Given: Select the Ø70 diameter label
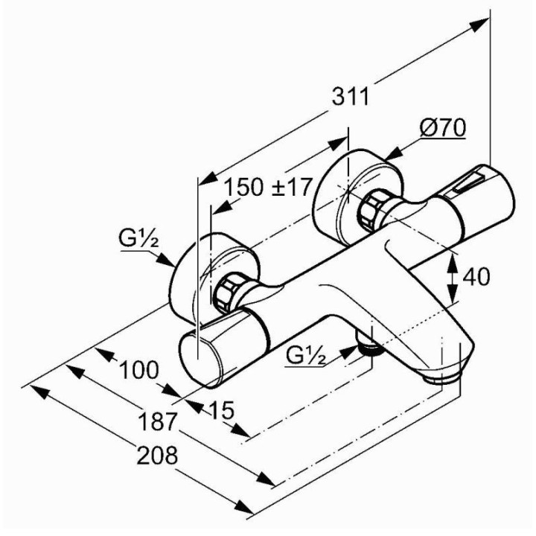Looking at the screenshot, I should click(x=442, y=129).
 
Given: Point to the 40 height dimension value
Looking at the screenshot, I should click(x=476, y=277).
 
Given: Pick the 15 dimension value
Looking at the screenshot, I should click(x=221, y=409).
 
